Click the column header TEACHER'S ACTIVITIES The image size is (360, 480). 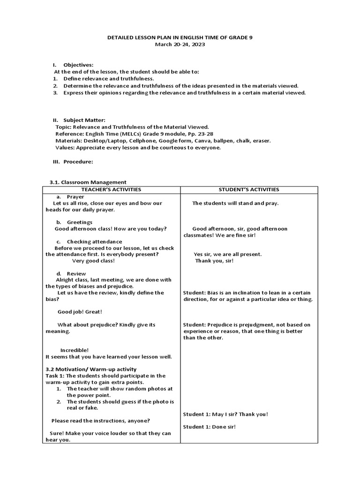coord(112,189)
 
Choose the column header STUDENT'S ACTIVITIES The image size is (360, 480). coord(249,189)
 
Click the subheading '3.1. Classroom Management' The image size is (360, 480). coord(88,182)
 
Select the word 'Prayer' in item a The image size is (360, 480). coord(75,197)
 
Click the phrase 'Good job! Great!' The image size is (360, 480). coord(80,312)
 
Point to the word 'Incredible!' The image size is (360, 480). coord(75,350)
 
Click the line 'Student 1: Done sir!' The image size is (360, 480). coord(209,427)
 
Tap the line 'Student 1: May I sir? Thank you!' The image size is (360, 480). coord(225,414)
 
